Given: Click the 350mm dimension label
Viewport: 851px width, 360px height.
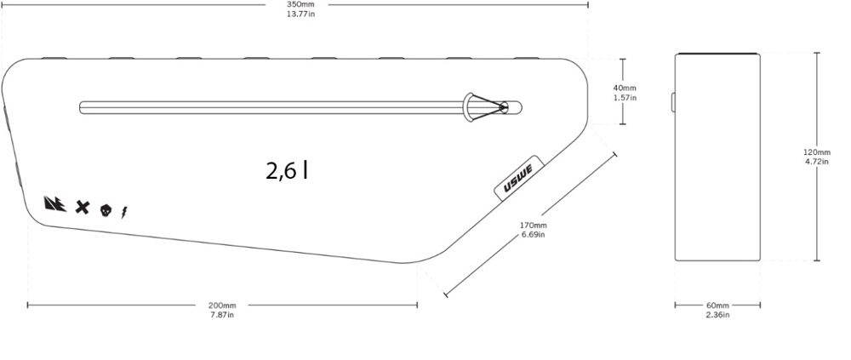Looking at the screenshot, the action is coord(297,4).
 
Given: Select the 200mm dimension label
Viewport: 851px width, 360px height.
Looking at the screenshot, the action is coord(222,306).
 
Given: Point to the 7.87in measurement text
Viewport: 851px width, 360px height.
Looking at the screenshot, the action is coord(222,314).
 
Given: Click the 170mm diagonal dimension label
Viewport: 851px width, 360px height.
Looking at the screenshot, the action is coord(533,226).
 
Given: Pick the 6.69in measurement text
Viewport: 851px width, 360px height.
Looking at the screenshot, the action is coord(533,235).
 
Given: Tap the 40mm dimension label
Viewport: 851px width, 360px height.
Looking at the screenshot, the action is coord(625,88).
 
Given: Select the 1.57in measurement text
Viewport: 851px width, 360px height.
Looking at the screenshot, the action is coord(625,98).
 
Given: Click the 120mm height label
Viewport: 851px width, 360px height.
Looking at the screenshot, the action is coord(817,152).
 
